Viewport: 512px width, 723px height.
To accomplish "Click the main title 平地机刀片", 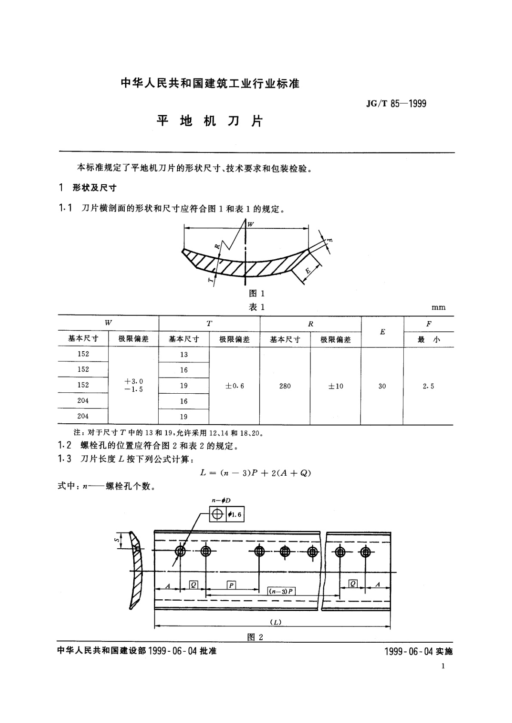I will coord(209,122).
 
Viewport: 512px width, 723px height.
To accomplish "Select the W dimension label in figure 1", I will coord(251,224).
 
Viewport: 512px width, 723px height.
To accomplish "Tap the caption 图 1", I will coord(257,293).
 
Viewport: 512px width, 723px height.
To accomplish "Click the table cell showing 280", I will coord(285,386).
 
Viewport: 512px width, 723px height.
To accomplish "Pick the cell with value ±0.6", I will coord(234,386).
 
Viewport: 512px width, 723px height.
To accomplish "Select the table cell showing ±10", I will coord(336,386).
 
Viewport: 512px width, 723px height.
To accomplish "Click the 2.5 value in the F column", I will coord(428,386).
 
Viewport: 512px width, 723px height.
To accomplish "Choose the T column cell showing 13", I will coord(184,355).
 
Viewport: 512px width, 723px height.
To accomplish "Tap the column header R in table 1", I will coord(310,324).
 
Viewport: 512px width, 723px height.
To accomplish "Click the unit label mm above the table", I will coord(438,307).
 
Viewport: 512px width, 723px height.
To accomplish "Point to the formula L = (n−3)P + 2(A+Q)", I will coord(255,473).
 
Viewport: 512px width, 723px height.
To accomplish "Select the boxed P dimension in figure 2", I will coord(231,585).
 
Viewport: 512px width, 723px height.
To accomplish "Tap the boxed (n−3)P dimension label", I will coord(281,591).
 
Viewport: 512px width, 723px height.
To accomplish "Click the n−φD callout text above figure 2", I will coord(221,501).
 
